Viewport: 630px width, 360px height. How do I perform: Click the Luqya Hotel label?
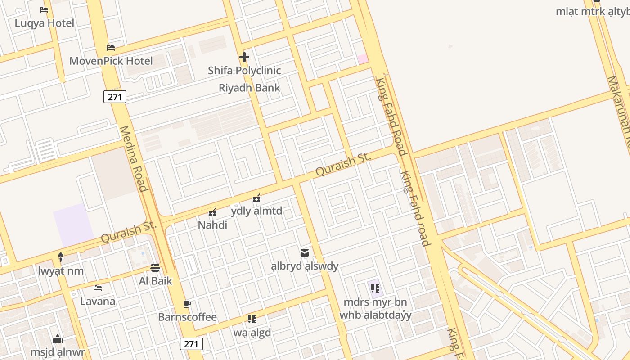pos(44,23)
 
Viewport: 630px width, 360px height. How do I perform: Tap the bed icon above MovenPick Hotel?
pos(111,48)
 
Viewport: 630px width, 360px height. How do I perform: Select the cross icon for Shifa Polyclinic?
pos(244,57)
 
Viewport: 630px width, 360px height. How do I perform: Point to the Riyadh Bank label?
pos(249,88)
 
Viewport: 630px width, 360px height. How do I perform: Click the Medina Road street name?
pos(134,158)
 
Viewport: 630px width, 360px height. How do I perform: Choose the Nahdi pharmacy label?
pos(212,225)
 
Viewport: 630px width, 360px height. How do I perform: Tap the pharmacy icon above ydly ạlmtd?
pos(256,198)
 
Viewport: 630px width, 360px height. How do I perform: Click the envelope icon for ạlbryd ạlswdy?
pos(305,253)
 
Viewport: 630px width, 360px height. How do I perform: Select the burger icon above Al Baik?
pos(155,268)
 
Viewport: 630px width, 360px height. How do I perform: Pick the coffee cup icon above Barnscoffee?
pos(187,304)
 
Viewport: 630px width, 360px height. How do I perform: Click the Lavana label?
pos(98,301)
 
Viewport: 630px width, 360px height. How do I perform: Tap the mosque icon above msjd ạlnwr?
pos(58,339)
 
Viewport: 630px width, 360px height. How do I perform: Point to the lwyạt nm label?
pos(61,271)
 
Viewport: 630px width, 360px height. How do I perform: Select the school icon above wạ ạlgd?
pos(252,319)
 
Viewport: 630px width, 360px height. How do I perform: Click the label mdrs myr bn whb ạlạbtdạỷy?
pos(375,308)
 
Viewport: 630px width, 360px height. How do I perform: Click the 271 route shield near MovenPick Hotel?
pos(115,97)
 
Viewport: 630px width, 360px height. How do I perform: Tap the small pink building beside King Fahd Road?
pos(363,58)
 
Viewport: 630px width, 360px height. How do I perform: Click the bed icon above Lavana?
pos(98,288)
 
